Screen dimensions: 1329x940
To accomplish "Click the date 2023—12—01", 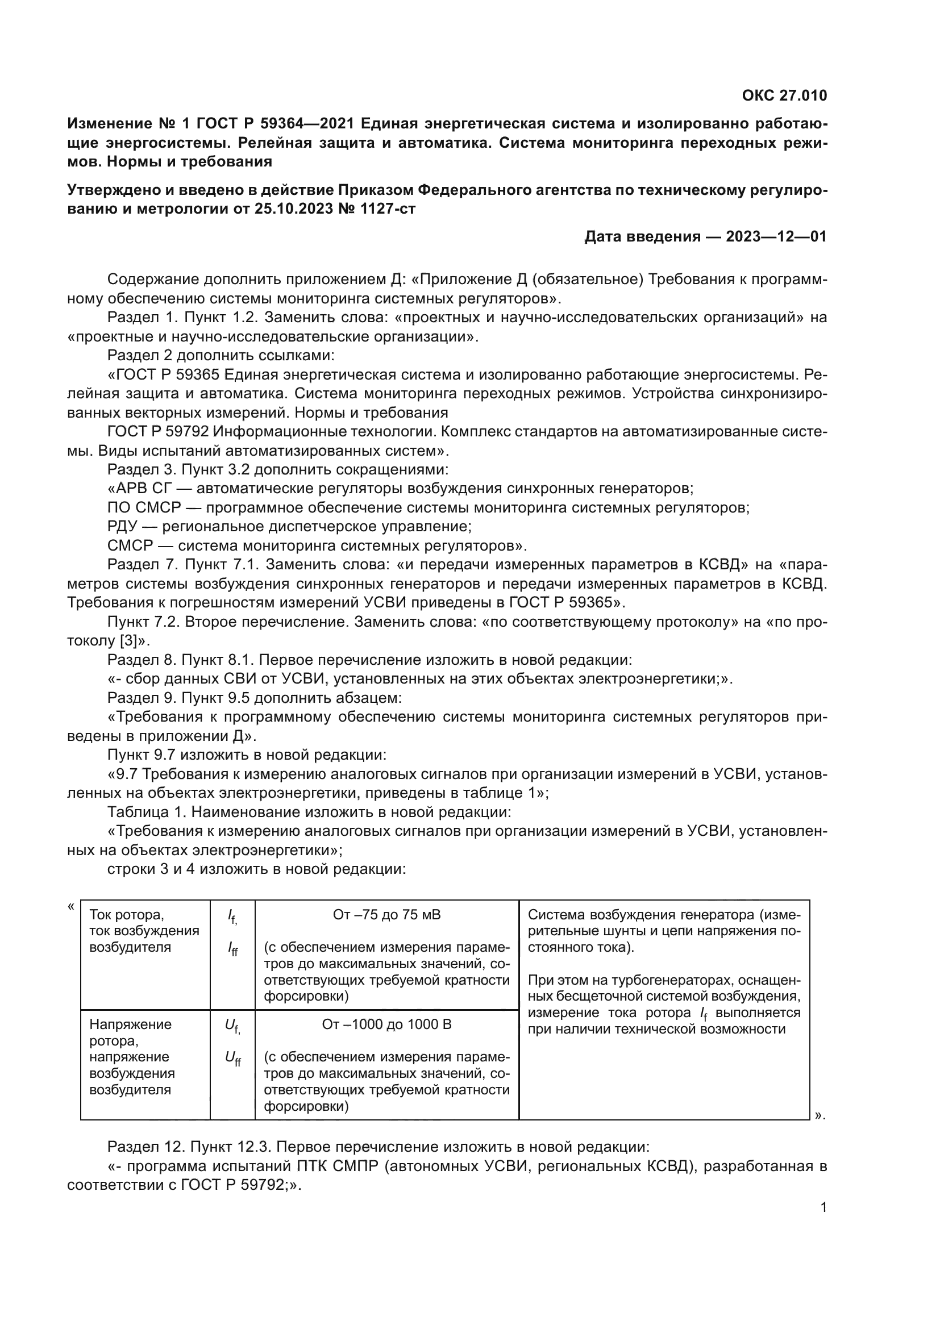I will pos(776,237).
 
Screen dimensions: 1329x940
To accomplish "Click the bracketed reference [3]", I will pos(127,641).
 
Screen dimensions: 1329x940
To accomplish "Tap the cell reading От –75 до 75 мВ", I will pos(386,915).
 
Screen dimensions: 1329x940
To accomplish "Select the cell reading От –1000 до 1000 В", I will pos(386,1024).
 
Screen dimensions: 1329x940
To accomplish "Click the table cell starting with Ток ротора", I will pos(127,915).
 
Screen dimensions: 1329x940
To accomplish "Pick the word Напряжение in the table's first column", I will pos(130,1024).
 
